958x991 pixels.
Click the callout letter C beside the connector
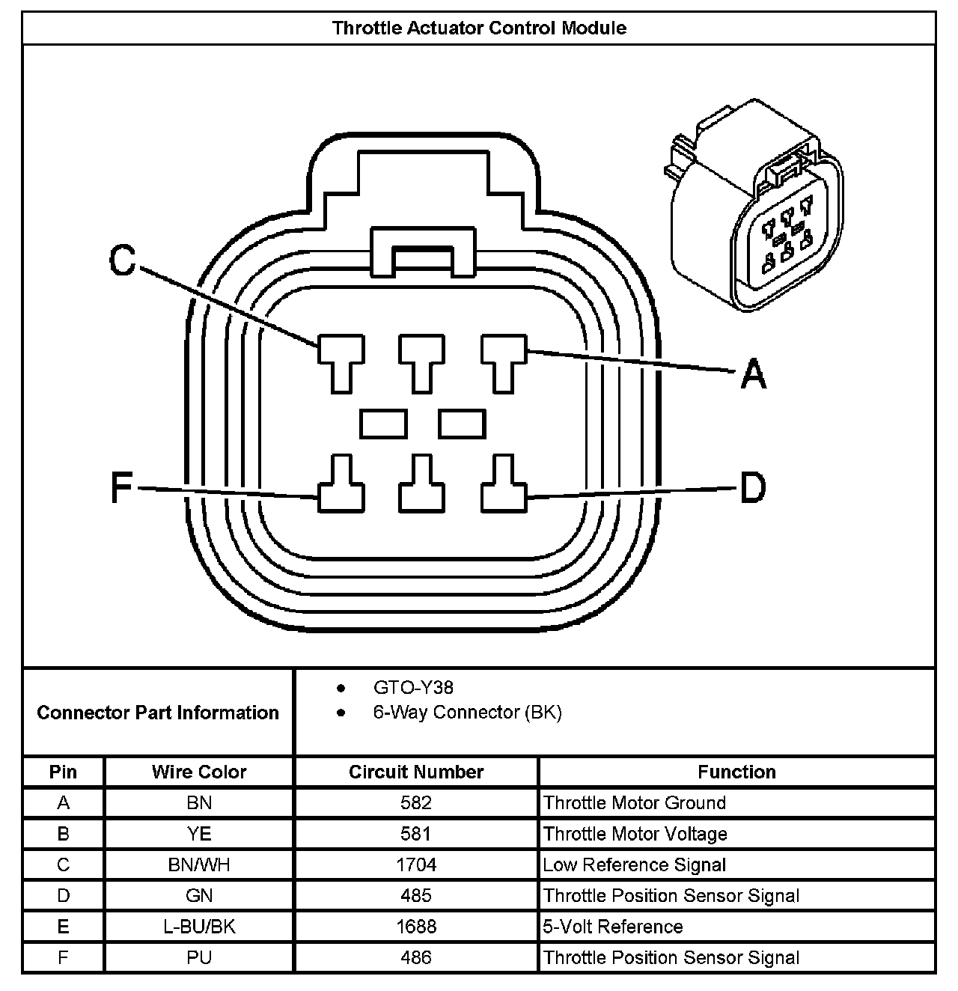(x=123, y=260)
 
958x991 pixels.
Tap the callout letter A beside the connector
(x=754, y=373)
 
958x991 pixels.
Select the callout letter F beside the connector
(x=121, y=488)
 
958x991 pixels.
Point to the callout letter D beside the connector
(x=753, y=489)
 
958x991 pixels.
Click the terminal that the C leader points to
(x=341, y=359)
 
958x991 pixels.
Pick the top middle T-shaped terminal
(x=422, y=359)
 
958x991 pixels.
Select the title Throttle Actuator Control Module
(x=479, y=28)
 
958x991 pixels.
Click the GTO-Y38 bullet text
(x=413, y=687)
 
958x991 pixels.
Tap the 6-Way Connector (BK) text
(x=467, y=712)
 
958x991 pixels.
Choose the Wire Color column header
(x=199, y=772)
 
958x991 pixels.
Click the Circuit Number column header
(x=416, y=772)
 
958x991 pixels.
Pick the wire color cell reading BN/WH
(x=199, y=865)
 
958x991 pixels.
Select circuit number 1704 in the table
(x=416, y=865)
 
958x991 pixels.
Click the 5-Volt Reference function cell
(x=613, y=927)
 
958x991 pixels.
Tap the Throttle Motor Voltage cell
(x=635, y=834)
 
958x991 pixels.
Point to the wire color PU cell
(x=199, y=957)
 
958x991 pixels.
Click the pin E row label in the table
(x=63, y=927)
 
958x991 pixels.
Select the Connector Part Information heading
(x=158, y=712)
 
